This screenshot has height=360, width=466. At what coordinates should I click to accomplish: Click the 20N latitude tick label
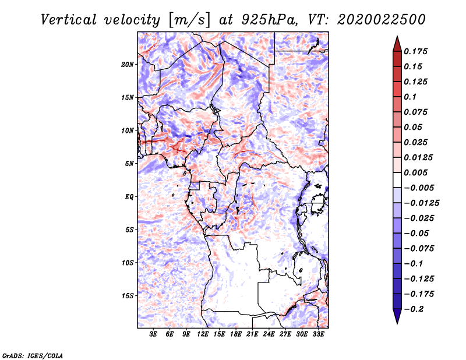[x=128, y=65]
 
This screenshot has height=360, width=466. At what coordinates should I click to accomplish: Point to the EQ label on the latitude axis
[x=129, y=197]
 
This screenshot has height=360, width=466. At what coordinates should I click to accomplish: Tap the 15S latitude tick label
[x=128, y=296]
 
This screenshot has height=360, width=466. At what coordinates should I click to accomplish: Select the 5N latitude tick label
[x=129, y=164]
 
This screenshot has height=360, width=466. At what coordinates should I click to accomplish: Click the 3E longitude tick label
[x=153, y=334]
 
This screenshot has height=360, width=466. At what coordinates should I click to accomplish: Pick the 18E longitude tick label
[x=236, y=334]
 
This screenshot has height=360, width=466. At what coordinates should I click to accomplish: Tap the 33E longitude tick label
[x=318, y=334]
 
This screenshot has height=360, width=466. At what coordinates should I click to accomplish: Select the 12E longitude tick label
[x=203, y=334]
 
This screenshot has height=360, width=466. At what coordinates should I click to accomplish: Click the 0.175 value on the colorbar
[x=415, y=51]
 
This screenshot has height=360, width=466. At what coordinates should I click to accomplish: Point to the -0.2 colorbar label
[x=414, y=309]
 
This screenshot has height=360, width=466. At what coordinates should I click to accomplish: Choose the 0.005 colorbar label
[x=415, y=172]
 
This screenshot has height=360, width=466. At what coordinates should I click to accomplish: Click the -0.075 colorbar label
[x=419, y=249]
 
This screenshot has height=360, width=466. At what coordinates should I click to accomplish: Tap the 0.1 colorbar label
[x=410, y=97]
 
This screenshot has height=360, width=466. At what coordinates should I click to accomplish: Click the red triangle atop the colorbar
[x=397, y=44]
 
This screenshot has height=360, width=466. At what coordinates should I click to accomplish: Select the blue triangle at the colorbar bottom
[x=397, y=316]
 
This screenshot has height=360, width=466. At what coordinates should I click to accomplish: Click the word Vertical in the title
[x=69, y=20]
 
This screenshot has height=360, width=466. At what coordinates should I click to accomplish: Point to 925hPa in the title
[x=270, y=20]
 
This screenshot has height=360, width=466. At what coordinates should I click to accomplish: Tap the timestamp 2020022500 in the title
[x=382, y=20]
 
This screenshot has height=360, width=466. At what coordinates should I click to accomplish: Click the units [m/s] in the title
[x=189, y=20]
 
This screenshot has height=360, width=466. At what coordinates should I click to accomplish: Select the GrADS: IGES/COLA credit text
[x=33, y=356]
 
